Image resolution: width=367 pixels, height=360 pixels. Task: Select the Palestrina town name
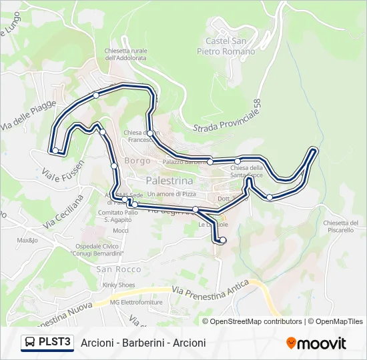169,181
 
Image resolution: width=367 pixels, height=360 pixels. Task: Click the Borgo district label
137,161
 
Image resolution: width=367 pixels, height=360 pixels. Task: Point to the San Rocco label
119,269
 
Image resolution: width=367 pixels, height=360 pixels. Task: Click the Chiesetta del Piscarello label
342,226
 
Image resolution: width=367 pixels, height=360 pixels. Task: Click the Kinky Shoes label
118,285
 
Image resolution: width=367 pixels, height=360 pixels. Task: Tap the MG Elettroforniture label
136,302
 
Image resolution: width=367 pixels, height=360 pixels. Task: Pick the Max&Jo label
27,240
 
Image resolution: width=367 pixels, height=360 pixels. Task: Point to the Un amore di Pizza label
171,193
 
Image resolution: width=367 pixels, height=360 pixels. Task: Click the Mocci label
120,231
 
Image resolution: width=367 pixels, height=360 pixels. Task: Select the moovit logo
316,343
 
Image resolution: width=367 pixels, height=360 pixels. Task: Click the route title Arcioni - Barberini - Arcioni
143,343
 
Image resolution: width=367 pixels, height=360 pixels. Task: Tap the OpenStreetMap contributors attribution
256,321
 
